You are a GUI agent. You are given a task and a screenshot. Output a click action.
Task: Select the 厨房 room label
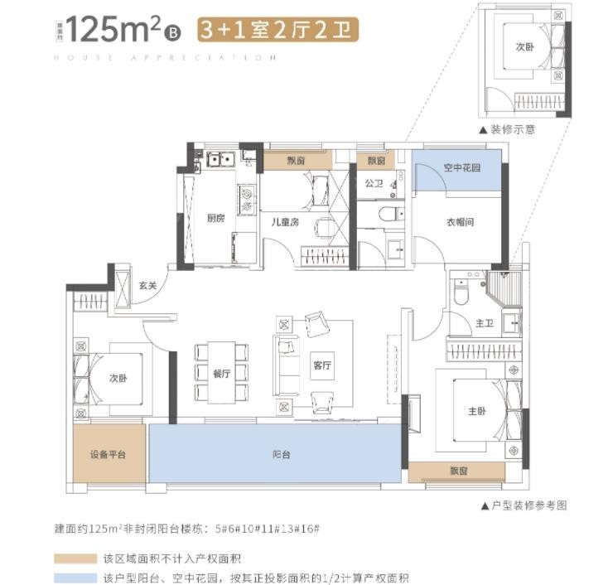tap(216, 219)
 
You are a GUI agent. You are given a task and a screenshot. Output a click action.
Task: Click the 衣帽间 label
tap(459, 222)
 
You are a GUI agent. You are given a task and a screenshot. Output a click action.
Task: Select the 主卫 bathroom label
tap(485, 324)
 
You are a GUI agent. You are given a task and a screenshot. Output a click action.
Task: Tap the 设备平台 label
tap(108, 455)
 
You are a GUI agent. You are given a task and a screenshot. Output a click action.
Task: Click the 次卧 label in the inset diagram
tap(524, 48)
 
